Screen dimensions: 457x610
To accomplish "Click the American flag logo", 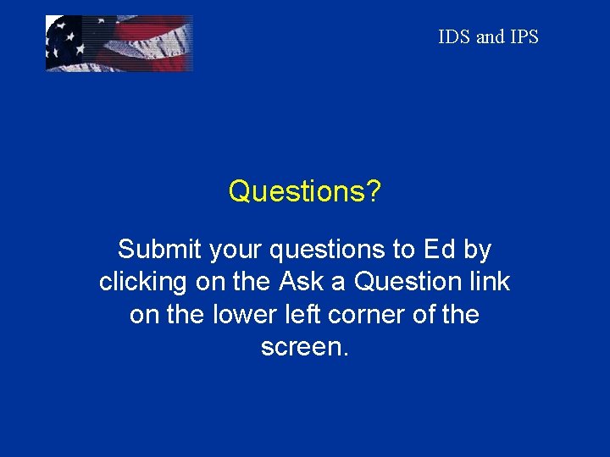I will point(119,43).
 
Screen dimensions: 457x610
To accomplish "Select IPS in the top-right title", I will point(524,37).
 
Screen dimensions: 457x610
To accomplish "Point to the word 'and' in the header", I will point(490,37).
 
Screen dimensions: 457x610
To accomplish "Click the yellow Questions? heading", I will point(304,192).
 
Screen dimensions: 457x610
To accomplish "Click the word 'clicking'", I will point(142,282).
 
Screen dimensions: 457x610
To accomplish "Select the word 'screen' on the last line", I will point(301,348).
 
